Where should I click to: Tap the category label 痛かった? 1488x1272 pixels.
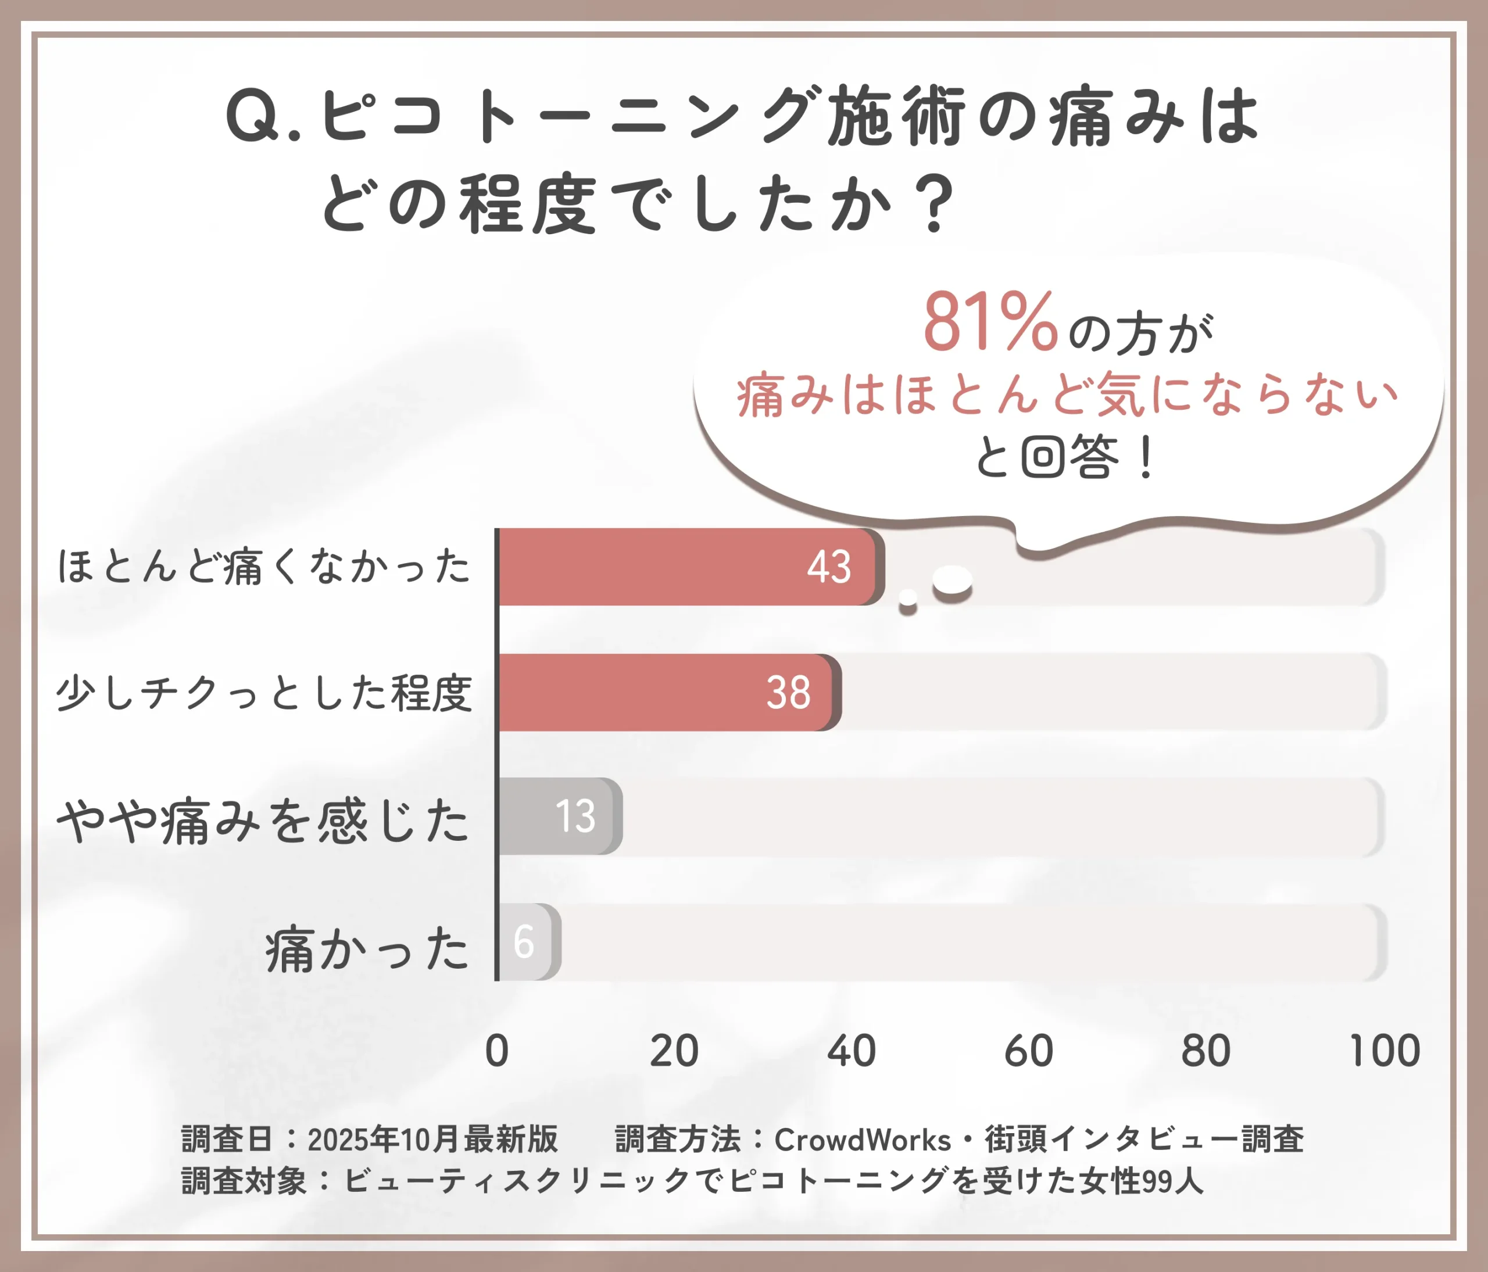(x=367, y=949)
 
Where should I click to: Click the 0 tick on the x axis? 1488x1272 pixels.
(x=497, y=1051)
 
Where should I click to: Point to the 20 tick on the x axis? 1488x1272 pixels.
(x=674, y=1051)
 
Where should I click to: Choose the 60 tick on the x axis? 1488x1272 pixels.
(x=1028, y=1051)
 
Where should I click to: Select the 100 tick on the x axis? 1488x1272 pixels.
(x=1384, y=1051)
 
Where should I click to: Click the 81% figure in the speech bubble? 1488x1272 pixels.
(x=990, y=324)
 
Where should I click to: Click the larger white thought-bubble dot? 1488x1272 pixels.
(x=952, y=580)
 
